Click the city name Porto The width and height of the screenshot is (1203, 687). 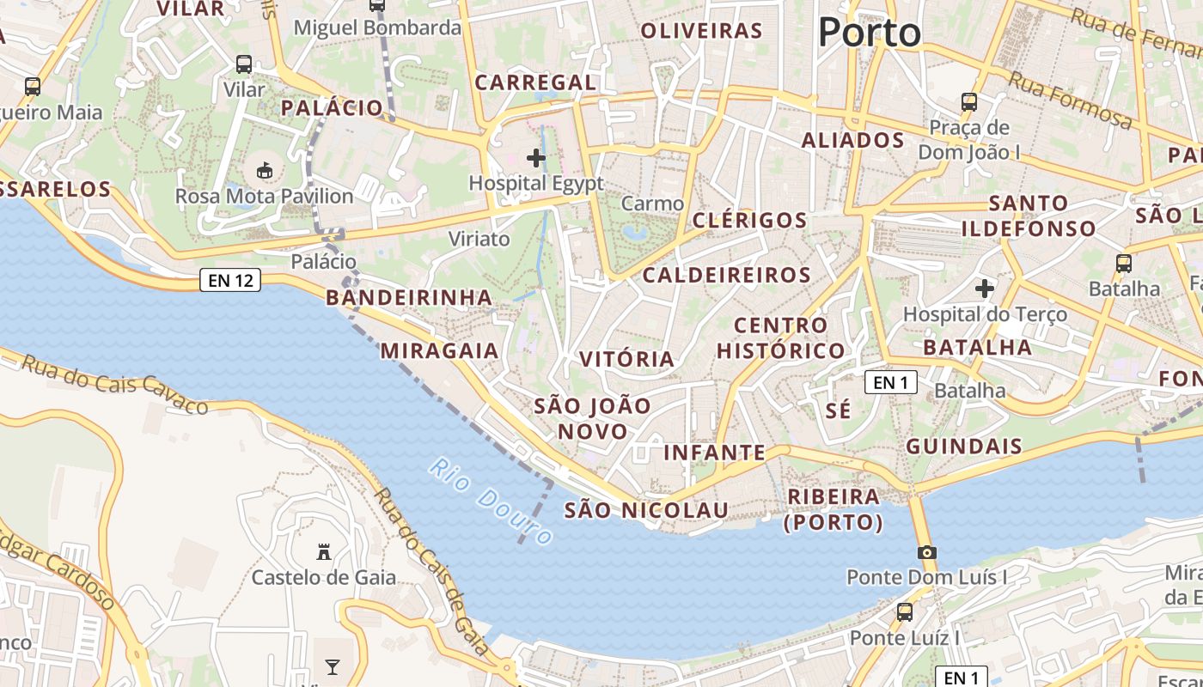(869, 33)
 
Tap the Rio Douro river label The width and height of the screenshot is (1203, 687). (491, 502)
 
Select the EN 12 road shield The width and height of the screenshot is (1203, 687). (230, 280)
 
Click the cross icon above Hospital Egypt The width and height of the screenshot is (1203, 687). (536, 158)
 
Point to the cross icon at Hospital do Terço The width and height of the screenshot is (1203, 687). (985, 289)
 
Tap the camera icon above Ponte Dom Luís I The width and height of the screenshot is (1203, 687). (926, 552)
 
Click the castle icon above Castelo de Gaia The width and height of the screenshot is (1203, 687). (324, 551)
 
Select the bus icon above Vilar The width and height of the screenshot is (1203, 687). (244, 64)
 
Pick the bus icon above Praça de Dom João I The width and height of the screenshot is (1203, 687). (969, 102)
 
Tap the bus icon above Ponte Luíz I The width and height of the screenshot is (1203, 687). (904, 612)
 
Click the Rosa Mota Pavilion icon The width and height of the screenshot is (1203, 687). (265, 171)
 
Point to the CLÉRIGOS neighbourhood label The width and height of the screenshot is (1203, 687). (749, 220)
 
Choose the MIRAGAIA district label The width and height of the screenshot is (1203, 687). (439, 350)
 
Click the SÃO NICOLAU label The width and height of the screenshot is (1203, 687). (646, 510)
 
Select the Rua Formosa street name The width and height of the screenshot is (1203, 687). (1070, 100)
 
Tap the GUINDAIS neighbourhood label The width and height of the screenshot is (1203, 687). (964, 446)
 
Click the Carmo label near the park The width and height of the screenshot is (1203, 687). (652, 204)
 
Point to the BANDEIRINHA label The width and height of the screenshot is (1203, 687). (409, 297)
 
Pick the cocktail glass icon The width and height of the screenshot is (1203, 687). (333, 667)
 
